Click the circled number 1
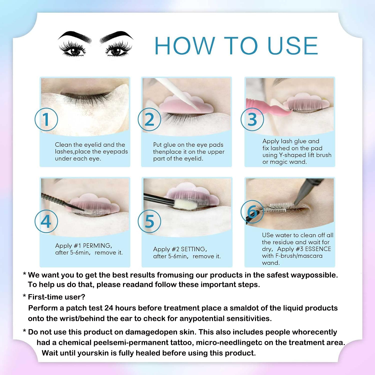[x=46, y=119]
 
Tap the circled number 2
[x=149, y=119]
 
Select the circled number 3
[x=252, y=119]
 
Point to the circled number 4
[x=46, y=221]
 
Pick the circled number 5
[x=149, y=221]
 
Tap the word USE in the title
[x=293, y=45]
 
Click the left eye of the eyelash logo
[x=73, y=49]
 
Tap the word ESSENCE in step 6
[x=318, y=249]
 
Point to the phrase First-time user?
[x=56, y=297]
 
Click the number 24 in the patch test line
[x=109, y=308]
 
